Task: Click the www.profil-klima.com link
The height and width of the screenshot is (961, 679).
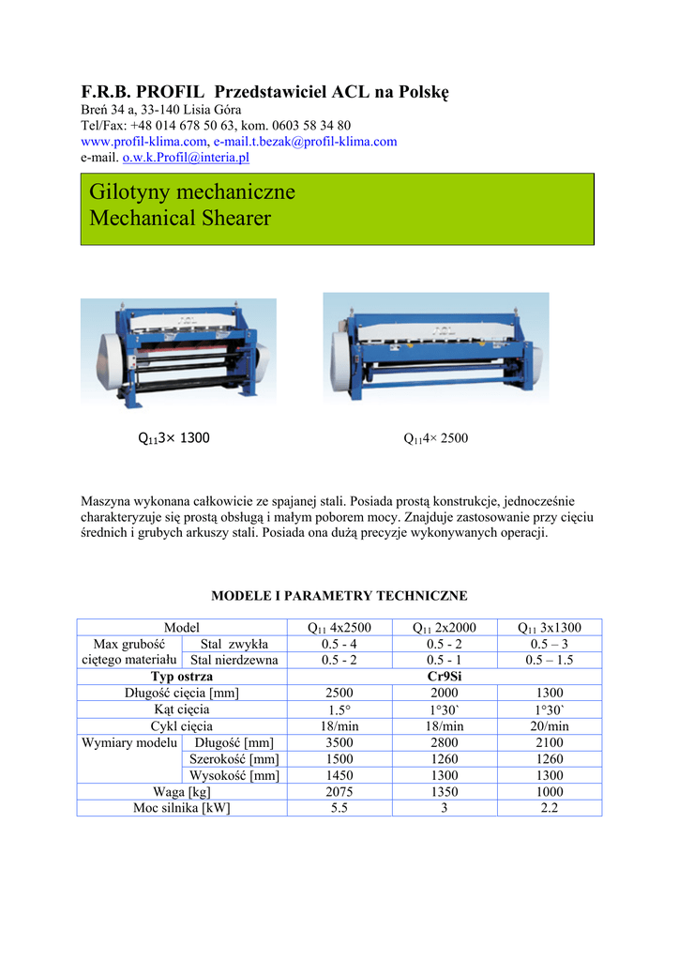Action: click(x=143, y=142)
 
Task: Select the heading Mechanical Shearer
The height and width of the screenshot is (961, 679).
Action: click(x=180, y=219)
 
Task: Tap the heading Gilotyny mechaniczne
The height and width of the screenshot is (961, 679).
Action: click(x=192, y=192)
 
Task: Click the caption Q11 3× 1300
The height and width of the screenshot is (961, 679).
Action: click(x=174, y=437)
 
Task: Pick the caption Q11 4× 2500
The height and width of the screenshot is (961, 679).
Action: click(x=435, y=438)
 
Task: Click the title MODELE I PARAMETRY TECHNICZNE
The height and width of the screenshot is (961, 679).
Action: click(x=339, y=596)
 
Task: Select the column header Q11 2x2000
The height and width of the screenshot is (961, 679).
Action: click(x=445, y=628)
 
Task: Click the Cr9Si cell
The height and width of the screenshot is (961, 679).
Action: click(x=444, y=677)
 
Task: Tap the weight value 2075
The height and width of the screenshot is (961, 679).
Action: click(x=339, y=791)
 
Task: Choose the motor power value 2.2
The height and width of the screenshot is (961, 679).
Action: click(x=550, y=807)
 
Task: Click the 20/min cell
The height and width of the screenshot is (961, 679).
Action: click(x=550, y=725)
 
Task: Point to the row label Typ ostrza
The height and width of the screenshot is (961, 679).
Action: click(x=182, y=677)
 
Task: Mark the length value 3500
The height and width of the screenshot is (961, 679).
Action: click(x=339, y=742)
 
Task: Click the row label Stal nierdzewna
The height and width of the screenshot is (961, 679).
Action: click(x=234, y=661)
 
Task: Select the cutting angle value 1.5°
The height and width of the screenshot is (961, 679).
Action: click(x=339, y=709)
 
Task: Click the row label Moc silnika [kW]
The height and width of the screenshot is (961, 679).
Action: click(x=182, y=807)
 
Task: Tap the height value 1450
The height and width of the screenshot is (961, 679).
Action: click(x=339, y=775)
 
